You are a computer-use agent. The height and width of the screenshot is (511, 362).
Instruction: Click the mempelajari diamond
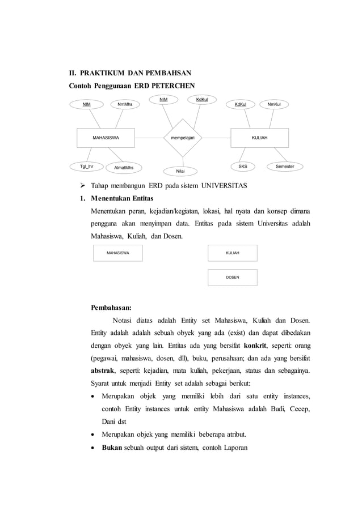click(183, 137)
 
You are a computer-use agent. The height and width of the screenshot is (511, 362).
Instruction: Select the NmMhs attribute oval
click(125, 104)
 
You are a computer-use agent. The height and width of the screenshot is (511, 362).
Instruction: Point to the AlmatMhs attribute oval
click(124, 168)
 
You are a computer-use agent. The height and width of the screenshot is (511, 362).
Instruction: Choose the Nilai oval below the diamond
click(180, 171)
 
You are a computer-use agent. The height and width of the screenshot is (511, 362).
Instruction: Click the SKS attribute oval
click(242, 167)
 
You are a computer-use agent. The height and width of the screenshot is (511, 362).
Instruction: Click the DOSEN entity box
click(233, 277)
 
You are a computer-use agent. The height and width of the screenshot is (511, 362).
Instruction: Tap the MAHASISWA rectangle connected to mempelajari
click(106, 137)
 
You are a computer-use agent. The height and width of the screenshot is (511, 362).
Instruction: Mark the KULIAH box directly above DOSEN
click(233, 253)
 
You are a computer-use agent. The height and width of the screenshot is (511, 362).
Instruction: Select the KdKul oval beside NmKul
click(241, 104)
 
